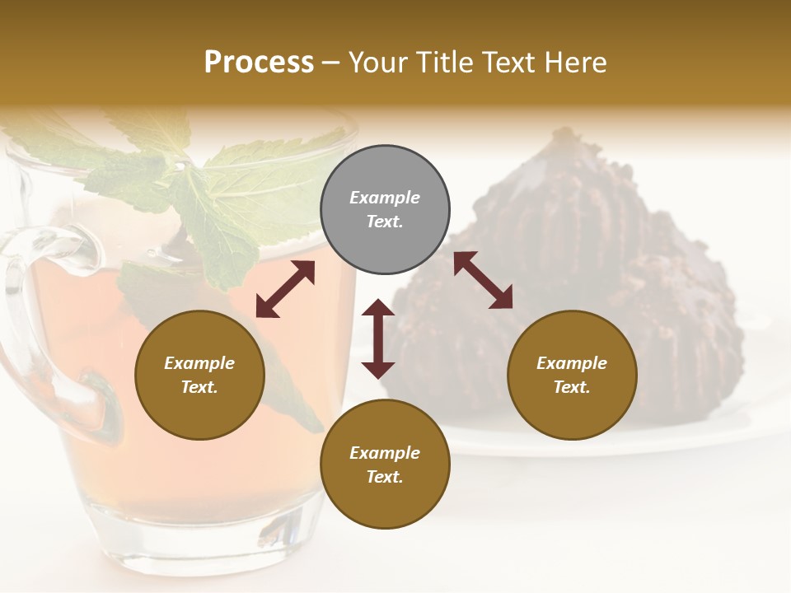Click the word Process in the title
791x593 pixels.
click(x=259, y=63)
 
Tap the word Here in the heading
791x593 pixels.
click(x=574, y=63)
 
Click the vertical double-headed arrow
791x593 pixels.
click(x=378, y=339)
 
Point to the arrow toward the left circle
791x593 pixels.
click(x=285, y=289)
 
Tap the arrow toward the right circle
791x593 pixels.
click(x=483, y=280)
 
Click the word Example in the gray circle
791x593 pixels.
click(x=385, y=198)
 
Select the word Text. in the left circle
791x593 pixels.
click(x=199, y=387)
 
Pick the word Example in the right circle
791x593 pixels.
click(x=572, y=363)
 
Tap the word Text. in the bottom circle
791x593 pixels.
click(x=385, y=477)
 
